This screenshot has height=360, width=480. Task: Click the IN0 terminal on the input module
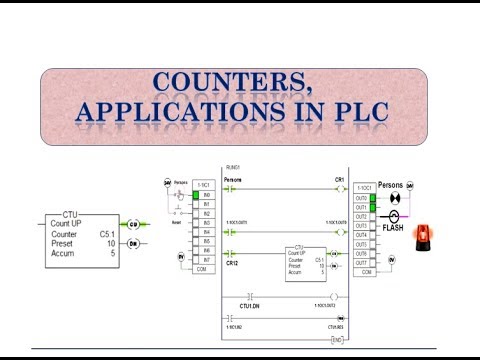(204, 195)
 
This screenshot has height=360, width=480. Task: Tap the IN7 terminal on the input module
(204, 260)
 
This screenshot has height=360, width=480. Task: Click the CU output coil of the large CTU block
(133, 226)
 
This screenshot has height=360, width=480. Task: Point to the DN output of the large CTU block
(133, 243)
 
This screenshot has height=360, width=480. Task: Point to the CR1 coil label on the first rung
(339, 181)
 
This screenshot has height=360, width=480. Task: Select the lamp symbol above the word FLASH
(394, 215)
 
